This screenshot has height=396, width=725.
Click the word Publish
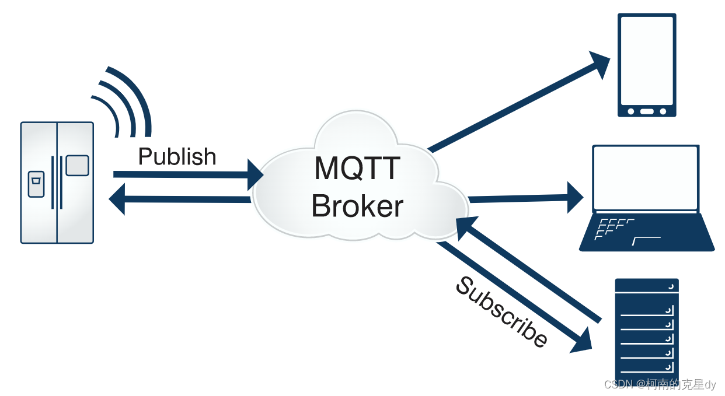tap(177, 157)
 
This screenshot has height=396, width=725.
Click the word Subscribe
tap(501, 312)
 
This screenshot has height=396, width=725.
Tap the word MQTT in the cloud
tap(357, 169)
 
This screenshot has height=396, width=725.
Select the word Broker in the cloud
tap(357, 206)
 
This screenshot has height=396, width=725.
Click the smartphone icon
tap(647, 64)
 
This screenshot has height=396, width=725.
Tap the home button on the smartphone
tap(647, 111)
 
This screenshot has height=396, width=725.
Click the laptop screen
tap(645, 178)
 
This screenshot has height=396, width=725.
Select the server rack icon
tap(647, 330)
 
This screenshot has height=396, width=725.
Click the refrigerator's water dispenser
tap(36, 184)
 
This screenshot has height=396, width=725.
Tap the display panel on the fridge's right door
tap(77, 165)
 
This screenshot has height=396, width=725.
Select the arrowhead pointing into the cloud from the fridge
tap(256, 174)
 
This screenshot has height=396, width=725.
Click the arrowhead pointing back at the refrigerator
tap(118, 198)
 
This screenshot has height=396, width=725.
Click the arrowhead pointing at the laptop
tap(574, 198)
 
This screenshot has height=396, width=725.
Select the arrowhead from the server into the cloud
tap(466, 225)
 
